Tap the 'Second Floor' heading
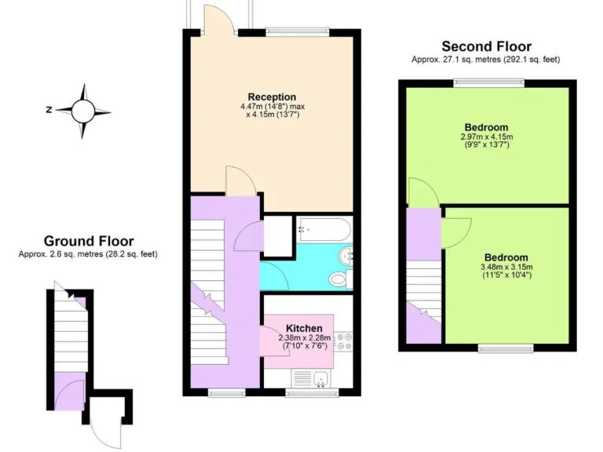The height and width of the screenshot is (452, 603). pos(486,46)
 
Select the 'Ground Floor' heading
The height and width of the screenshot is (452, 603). pos(88,241)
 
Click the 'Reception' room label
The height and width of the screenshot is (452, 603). pos(272,97)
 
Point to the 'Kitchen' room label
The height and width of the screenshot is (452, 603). pos(301,327)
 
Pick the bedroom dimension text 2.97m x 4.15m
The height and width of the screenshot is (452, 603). pos(485,140)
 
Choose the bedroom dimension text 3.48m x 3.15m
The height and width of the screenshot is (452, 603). pos(506,272)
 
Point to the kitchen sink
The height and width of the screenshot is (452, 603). pos(321,381)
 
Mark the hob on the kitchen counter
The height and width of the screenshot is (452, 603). pos(345,341)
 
